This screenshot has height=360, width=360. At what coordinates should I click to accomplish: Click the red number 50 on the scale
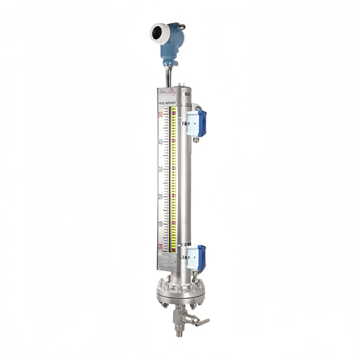(x=161, y=115)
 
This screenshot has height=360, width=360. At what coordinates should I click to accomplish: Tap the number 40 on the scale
(x=161, y=142)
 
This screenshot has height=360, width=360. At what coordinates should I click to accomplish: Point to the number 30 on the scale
(x=161, y=169)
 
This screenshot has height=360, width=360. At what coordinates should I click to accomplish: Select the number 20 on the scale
(x=161, y=197)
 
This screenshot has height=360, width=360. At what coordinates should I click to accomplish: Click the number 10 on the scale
(x=161, y=224)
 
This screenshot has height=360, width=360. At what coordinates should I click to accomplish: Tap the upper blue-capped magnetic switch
(x=197, y=123)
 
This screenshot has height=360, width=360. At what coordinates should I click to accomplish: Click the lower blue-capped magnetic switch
(x=197, y=257)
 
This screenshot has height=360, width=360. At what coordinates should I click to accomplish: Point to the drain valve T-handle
(x=202, y=322)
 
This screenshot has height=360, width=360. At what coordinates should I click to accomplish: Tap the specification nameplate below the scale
(x=167, y=262)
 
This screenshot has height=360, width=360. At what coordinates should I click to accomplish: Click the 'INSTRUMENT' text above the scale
(x=172, y=104)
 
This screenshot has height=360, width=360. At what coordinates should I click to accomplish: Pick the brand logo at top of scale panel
(x=162, y=92)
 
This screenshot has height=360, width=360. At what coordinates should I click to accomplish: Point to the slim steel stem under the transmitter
(x=169, y=77)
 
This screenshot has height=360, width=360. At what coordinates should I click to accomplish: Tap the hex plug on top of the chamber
(x=181, y=85)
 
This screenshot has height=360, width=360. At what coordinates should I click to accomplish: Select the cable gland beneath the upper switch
(x=196, y=140)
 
